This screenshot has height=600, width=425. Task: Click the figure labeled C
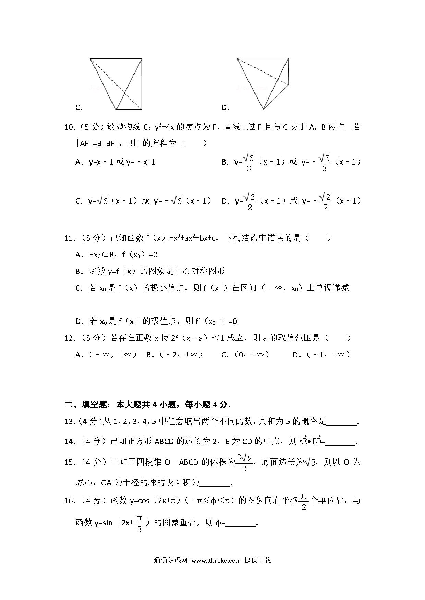click(116, 84)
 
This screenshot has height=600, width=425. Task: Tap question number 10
click(70, 127)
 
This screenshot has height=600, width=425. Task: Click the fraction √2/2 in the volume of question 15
click(244, 462)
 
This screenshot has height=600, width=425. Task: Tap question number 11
click(70, 238)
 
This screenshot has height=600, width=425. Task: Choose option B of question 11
click(150, 271)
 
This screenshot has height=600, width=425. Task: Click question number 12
click(70, 338)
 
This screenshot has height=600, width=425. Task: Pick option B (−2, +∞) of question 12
click(174, 355)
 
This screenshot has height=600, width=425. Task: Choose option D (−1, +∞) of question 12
click(321, 355)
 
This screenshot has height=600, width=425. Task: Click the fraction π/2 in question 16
click(304, 501)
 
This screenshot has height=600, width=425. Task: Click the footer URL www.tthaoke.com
click(216, 560)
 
